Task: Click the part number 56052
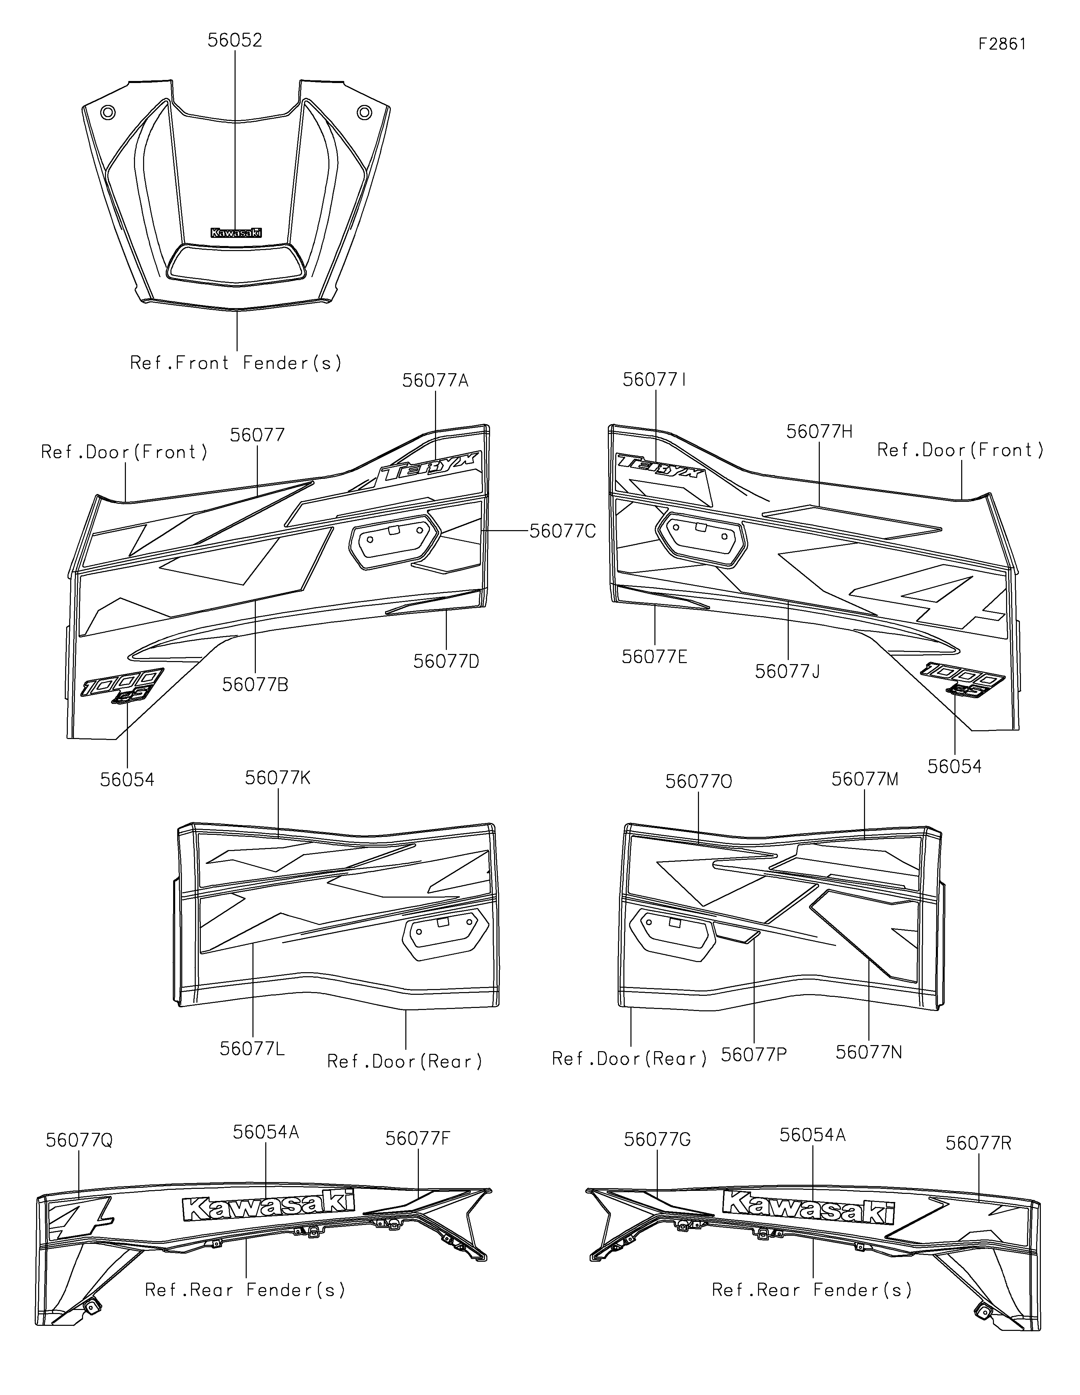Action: tap(235, 40)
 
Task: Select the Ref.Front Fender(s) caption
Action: tap(236, 363)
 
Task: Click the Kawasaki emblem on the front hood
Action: tap(236, 233)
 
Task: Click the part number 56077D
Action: tap(447, 661)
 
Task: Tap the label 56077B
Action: tap(255, 684)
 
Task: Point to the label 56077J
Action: tap(787, 671)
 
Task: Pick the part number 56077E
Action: tap(655, 657)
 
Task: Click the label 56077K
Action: tap(278, 778)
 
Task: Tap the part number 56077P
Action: tap(754, 1055)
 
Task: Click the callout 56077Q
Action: tap(79, 1140)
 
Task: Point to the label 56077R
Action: tap(978, 1143)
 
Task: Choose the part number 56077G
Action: tap(657, 1140)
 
